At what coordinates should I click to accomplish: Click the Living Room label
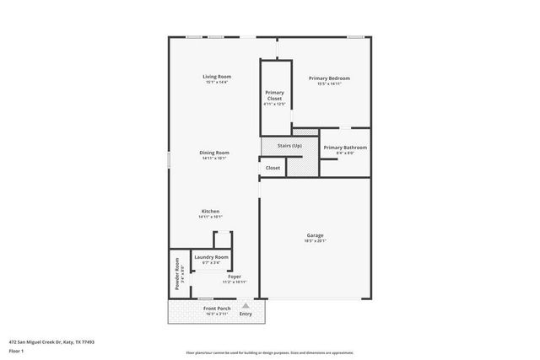pos(217,77)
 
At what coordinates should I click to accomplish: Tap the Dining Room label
pos(214,153)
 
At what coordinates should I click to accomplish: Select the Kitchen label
pos(210,211)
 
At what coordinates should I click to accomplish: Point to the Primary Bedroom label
pos(328,78)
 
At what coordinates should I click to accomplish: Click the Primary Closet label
pos(274,95)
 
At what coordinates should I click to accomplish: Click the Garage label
pos(315,235)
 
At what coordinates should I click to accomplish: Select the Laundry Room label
pos(211,257)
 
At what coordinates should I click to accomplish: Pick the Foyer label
pos(235,277)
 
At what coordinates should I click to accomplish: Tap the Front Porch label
pos(216,309)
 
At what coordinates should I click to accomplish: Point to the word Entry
pos(246,314)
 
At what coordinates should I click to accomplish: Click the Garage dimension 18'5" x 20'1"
pos(315,241)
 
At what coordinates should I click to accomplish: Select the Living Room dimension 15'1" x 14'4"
pos(217,83)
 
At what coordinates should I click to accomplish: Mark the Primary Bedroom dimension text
pos(328,84)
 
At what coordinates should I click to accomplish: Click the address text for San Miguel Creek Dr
pos(52,342)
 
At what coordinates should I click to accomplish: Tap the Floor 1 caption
pos(17,352)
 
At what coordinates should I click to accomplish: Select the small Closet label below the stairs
pos(273,168)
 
